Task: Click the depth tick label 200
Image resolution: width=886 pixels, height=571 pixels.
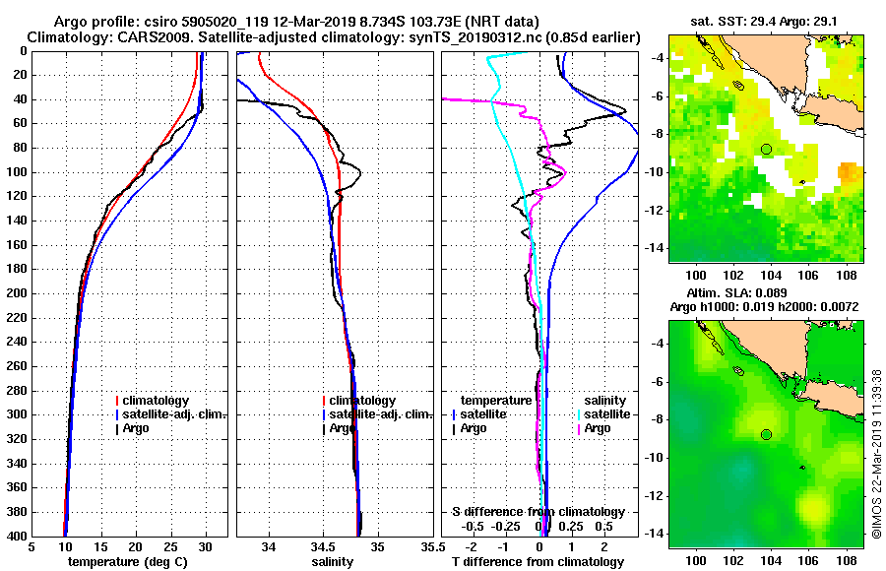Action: tap(18, 293)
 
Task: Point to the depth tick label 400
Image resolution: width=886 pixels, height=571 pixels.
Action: tap(18, 537)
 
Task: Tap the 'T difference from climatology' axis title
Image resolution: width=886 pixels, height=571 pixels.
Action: tap(538, 562)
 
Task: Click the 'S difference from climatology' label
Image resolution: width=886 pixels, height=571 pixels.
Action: tap(538, 512)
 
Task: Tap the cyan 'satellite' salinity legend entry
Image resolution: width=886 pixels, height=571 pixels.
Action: tap(606, 414)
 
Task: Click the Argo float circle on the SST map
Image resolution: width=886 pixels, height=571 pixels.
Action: tap(766, 149)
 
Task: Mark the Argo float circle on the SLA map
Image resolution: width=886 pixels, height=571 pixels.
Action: tap(766, 434)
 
